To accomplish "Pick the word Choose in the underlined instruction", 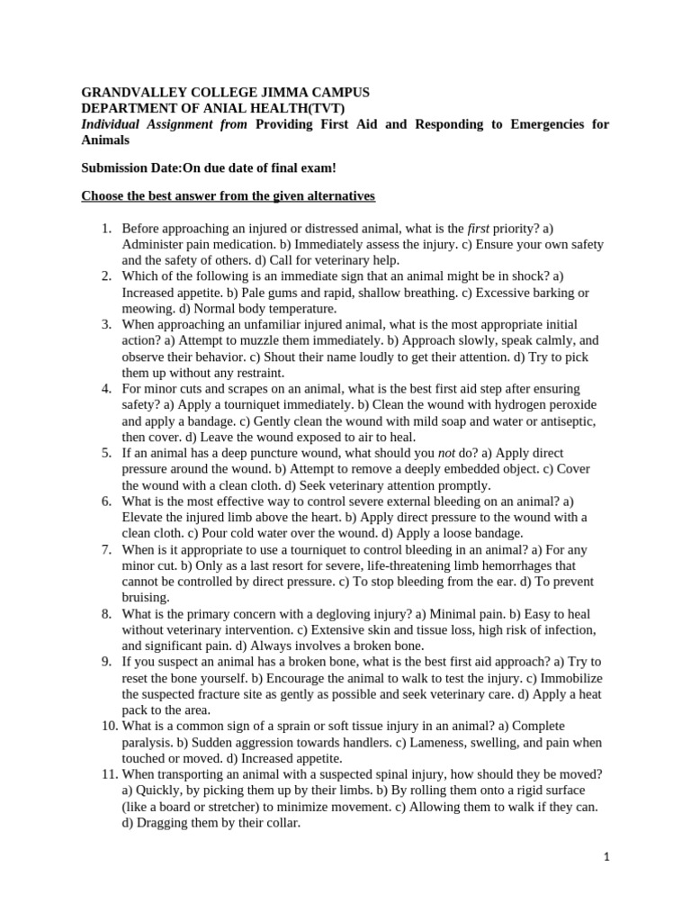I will (103, 195).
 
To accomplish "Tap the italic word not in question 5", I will (446, 453).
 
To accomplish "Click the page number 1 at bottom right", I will (606, 857).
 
